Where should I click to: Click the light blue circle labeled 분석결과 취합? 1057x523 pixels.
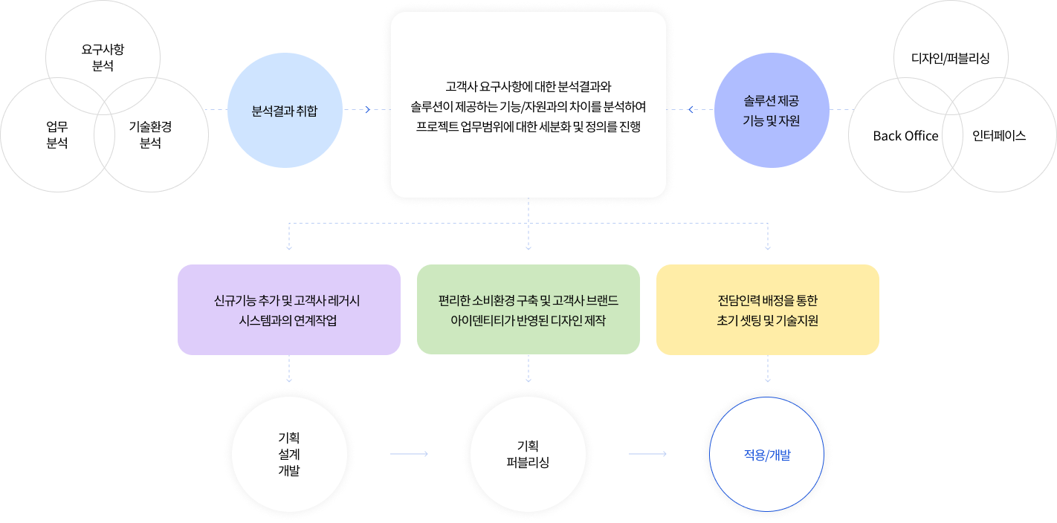(285, 110)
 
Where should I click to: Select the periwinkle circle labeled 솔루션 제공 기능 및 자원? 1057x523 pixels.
(772, 110)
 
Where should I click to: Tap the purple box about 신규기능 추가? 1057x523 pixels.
(289, 310)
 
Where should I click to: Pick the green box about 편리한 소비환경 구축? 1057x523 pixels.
(528, 310)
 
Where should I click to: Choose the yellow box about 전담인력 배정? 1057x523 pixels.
(767, 310)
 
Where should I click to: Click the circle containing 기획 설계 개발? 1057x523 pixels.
(289, 454)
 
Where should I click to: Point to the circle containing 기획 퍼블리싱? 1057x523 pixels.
(528, 454)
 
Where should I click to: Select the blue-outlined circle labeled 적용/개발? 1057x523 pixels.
(767, 454)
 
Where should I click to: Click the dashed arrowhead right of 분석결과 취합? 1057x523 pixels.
(366, 110)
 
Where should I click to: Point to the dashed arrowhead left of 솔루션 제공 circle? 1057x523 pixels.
(691, 110)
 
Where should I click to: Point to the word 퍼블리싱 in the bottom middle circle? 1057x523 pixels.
(528, 463)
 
